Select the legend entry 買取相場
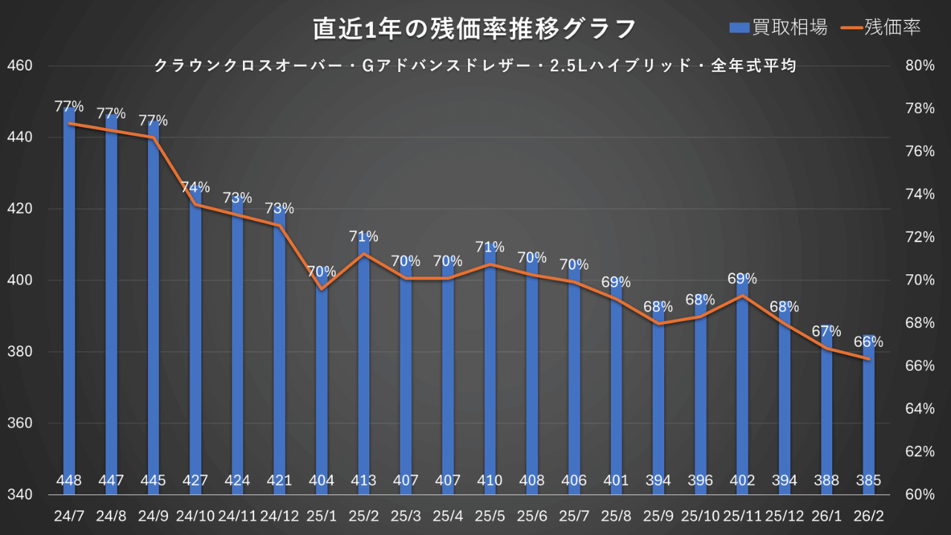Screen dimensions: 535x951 779,27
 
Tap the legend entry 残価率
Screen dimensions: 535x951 881,27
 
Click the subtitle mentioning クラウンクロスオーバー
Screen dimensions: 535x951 475,66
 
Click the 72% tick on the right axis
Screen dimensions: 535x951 920,237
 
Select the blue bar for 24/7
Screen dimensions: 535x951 69,297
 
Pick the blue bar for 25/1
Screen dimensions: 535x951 322,386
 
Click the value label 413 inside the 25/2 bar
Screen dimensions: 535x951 364,481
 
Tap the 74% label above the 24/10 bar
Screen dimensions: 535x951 195,187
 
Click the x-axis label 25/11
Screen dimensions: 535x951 741,514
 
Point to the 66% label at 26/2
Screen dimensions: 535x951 868,342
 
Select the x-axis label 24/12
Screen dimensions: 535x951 279,514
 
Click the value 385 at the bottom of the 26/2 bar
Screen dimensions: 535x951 868,481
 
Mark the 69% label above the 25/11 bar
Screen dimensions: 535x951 741,279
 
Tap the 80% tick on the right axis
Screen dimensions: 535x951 920,65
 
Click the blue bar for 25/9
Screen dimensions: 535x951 658,394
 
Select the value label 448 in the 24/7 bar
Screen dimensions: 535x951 69,481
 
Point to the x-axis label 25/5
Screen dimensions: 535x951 490,514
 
